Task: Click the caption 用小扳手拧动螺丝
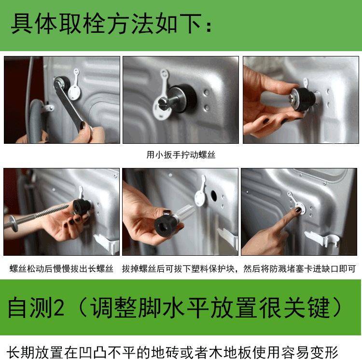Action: [x=181, y=155]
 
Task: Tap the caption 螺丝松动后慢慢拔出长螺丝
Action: [x=61, y=268]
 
